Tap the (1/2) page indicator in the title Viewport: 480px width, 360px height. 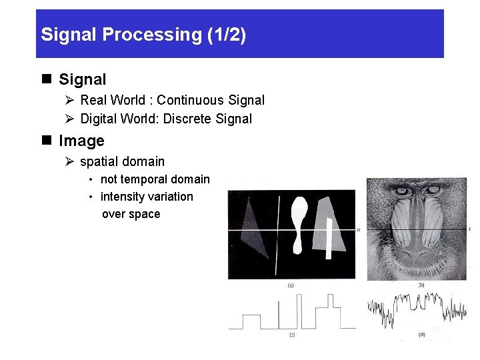tap(226, 35)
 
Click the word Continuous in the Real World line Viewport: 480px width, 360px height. tap(191, 100)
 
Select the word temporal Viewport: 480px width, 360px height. tap(145, 179)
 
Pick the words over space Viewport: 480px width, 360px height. tap(131, 214)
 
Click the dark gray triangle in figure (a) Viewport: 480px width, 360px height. tap(254, 230)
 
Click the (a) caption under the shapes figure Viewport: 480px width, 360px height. tap(291, 285)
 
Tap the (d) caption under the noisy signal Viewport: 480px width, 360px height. tap(421, 334)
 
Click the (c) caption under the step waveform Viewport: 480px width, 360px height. tap(291, 334)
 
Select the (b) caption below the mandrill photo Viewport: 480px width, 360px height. tap(421, 285)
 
